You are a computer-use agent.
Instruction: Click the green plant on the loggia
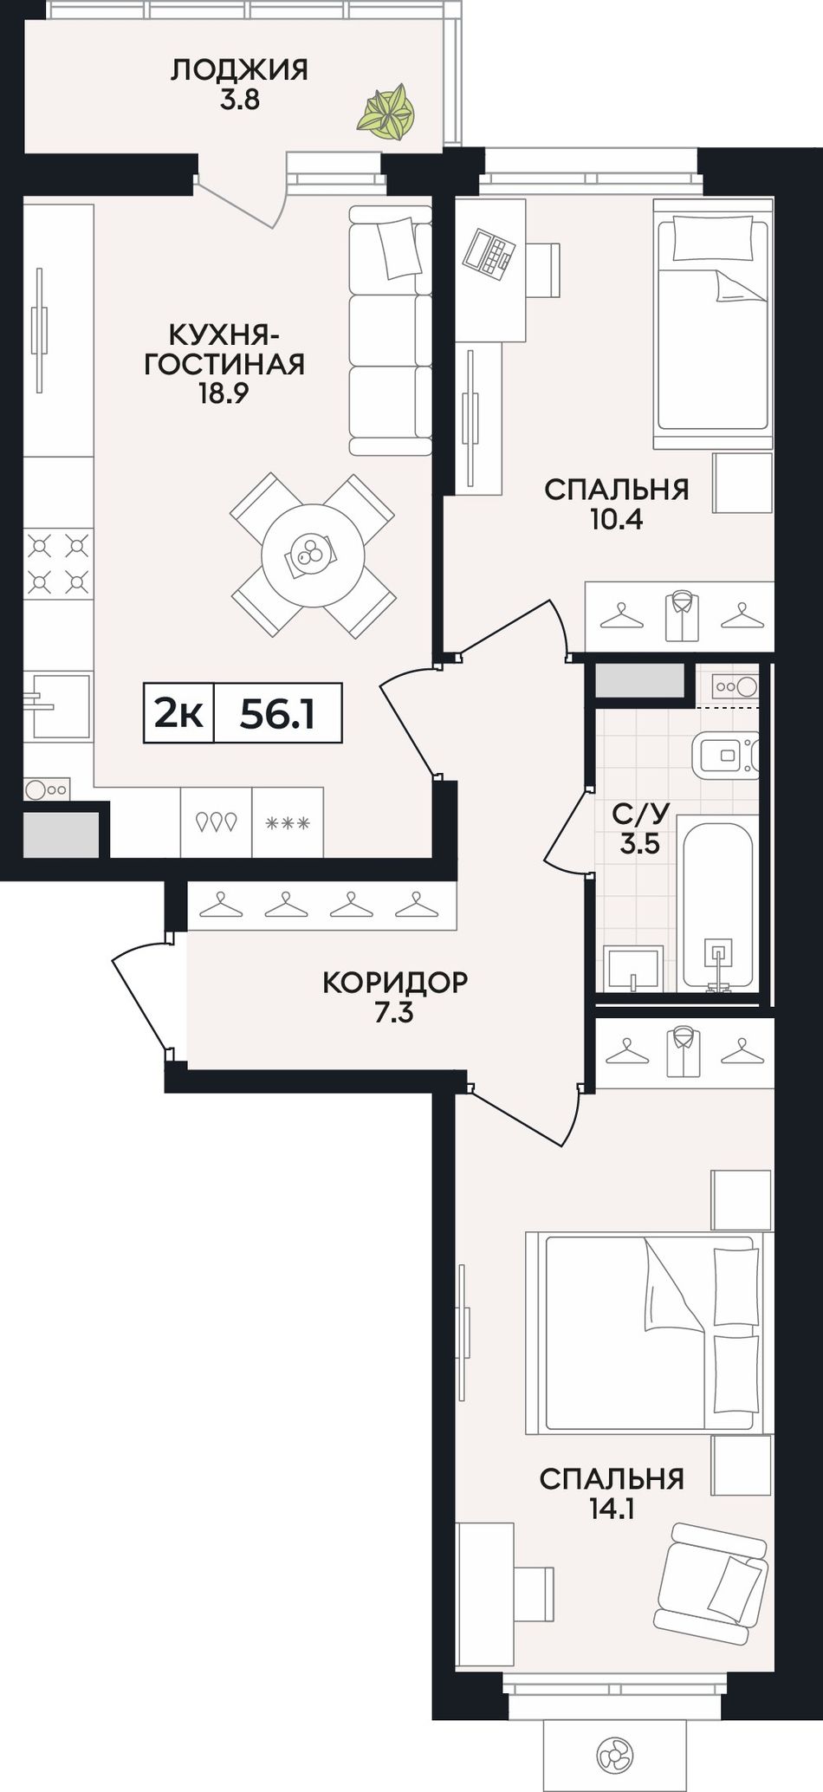(386, 112)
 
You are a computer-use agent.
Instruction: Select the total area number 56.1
(277, 714)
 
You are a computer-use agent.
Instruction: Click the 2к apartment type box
(178, 714)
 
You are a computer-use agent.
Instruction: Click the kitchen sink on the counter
(57, 706)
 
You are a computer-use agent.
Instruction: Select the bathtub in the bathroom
(717, 905)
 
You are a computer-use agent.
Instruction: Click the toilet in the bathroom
(727, 756)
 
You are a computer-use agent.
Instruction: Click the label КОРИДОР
(395, 982)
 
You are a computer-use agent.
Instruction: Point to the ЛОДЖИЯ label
(239, 69)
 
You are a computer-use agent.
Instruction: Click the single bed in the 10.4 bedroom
(712, 324)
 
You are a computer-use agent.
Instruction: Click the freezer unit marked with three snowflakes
(288, 821)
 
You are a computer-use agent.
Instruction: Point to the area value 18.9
(224, 393)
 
